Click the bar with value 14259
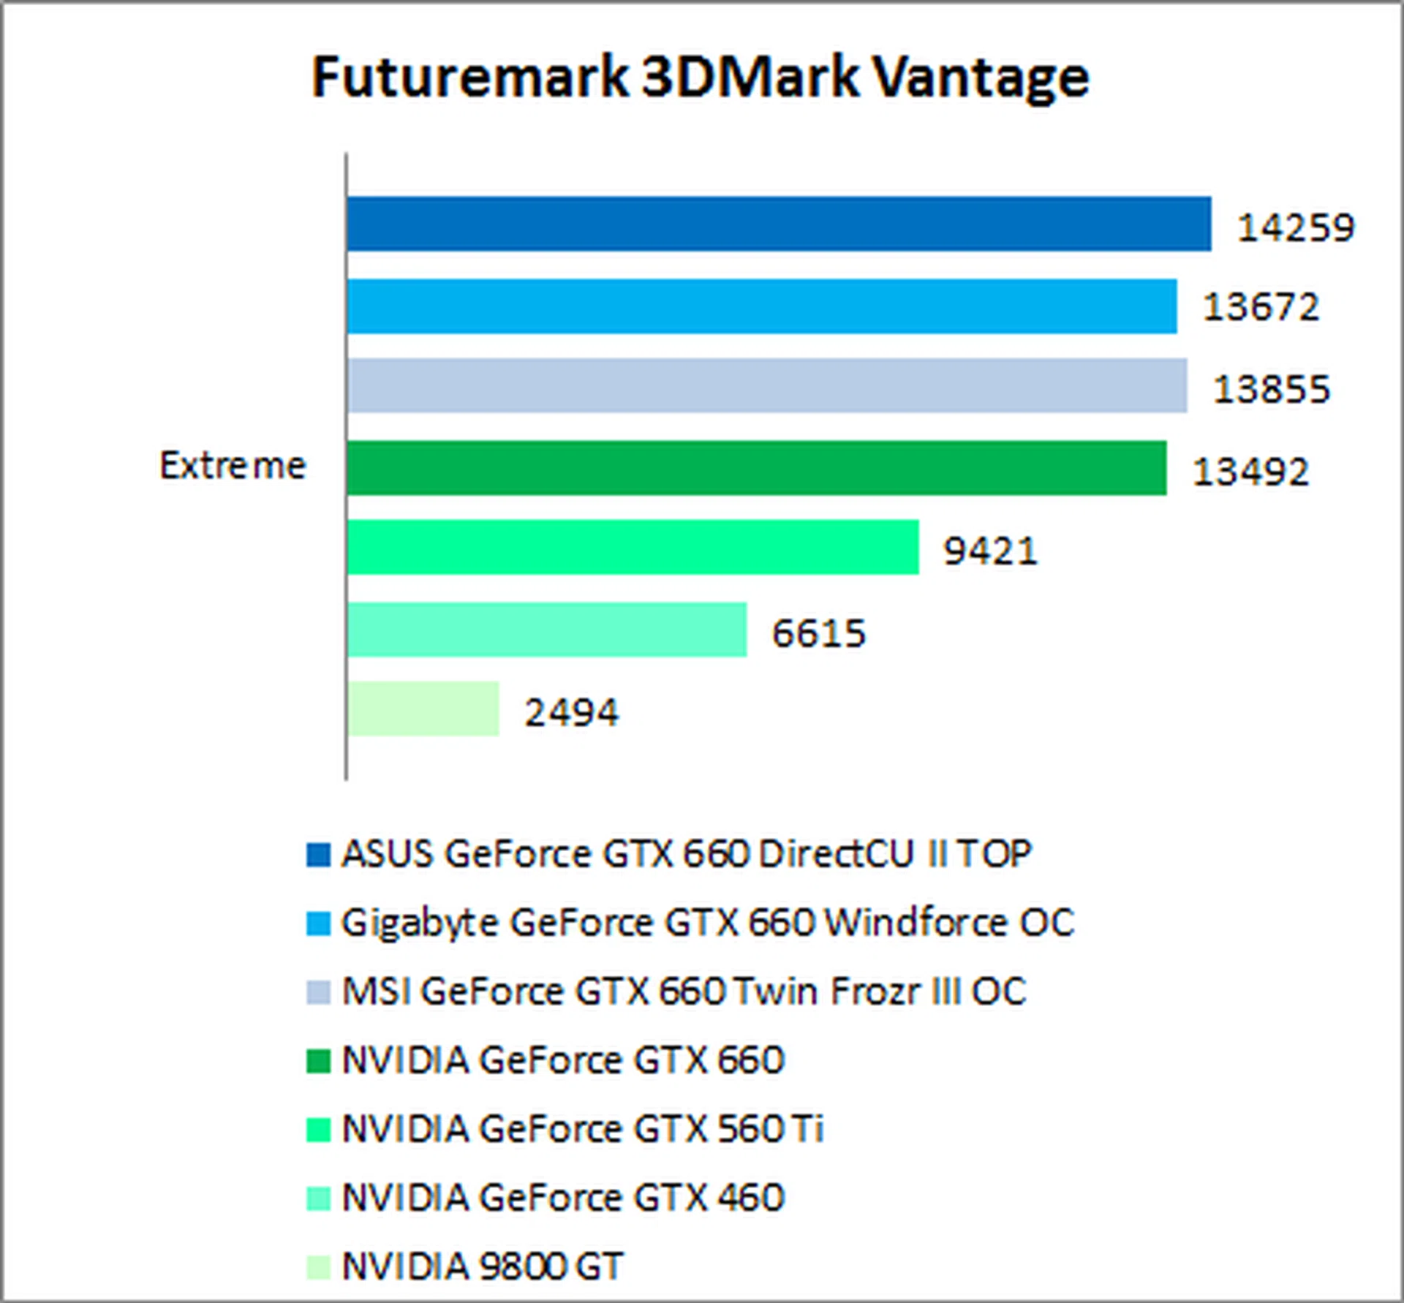[x=779, y=224]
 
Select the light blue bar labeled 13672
[x=762, y=306]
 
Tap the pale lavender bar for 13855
[x=767, y=385]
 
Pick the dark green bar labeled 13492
[x=757, y=468]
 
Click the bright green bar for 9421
[x=633, y=548]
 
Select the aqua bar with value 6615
[x=547, y=630]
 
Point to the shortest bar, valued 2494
[x=423, y=709]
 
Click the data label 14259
[x=1296, y=227]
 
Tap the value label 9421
[x=990, y=551]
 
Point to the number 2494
[x=571, y=712]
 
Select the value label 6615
[x=819, y=633]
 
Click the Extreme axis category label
[x=233, y=466]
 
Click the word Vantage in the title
[x=981, y=77]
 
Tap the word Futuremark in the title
[x=469, y=77]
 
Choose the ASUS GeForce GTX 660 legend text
[x=686, y=853]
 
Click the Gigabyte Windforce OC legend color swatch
[x=318, y=923]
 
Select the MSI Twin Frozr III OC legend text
[x=684, y=992]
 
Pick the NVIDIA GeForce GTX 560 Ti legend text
[x=583, y=1129]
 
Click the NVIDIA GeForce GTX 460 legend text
[x=563, y=1198]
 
